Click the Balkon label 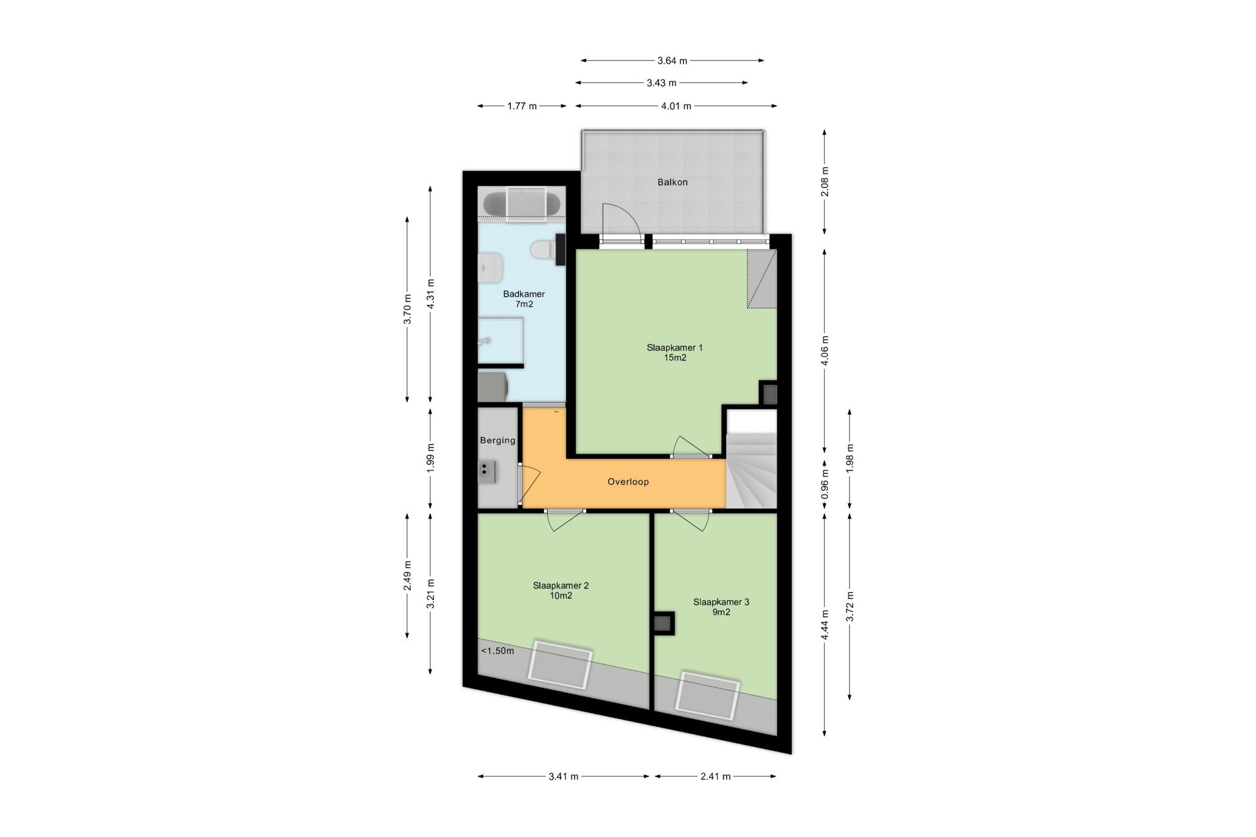[x=672, y=182]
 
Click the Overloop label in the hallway [x=628, y=482]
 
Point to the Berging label [x=497, y=440]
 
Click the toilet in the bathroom [x=544, y=250]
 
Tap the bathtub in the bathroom [x=521, y=204]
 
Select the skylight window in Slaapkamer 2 [x=560, y=665]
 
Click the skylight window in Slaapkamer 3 [x=707, y=695]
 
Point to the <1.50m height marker [x=497, y=651]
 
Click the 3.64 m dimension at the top [x=672, y=61]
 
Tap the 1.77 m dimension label [x=522, y=106]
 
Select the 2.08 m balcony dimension [x=825, y=182]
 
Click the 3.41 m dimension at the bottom [x=564, y=776]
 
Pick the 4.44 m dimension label [x=825, y=625]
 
